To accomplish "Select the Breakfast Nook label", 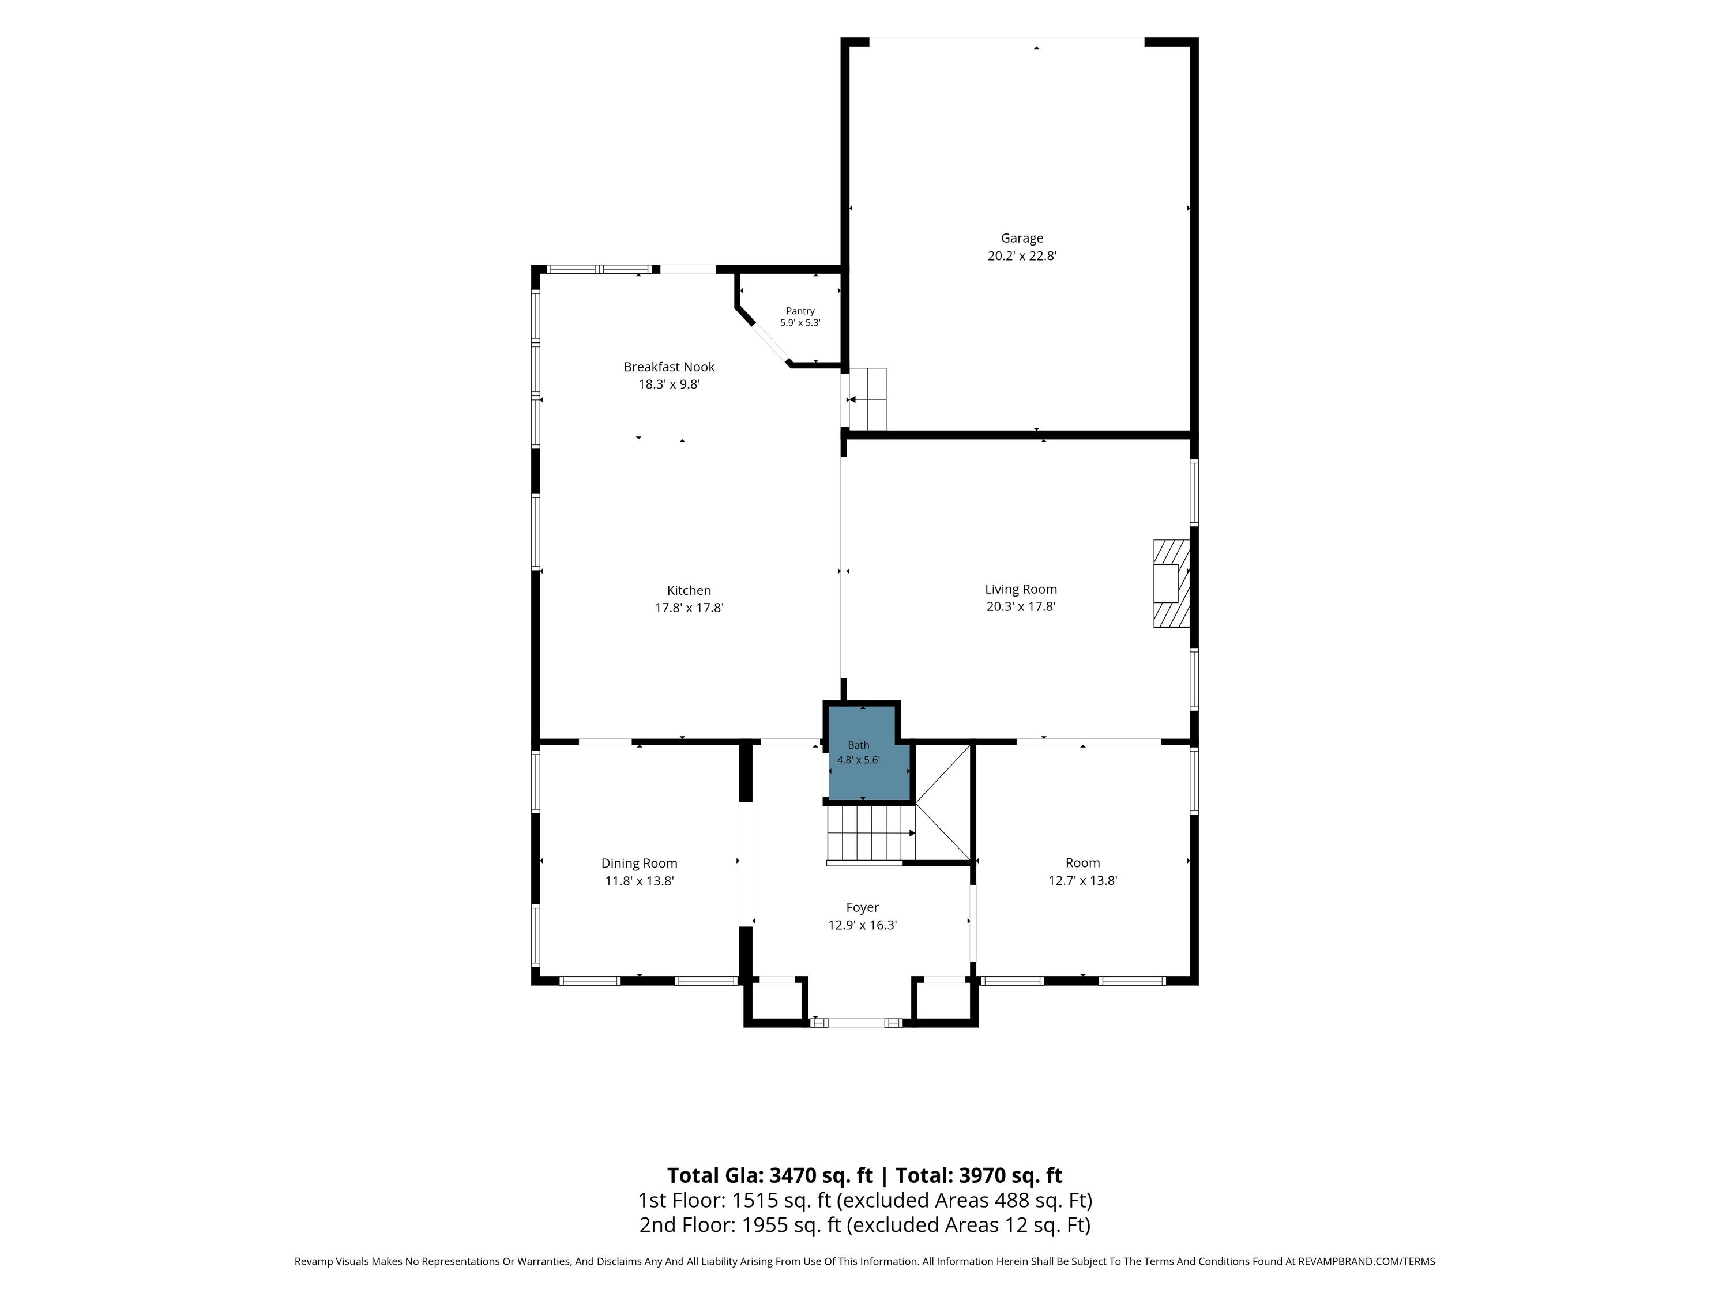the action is click(669, 367).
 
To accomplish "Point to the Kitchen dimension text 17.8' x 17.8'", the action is click(689, 608).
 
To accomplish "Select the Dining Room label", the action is click(639, 863).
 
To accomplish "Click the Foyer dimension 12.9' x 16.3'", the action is click(862, 925).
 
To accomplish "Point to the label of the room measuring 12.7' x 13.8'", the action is click(1082, 862).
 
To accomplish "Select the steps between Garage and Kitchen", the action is click(867, 399).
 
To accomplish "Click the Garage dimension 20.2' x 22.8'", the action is click(1021, 255).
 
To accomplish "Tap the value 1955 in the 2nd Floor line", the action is click(765, 1225).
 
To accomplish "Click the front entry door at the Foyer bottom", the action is click(857, 1023).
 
